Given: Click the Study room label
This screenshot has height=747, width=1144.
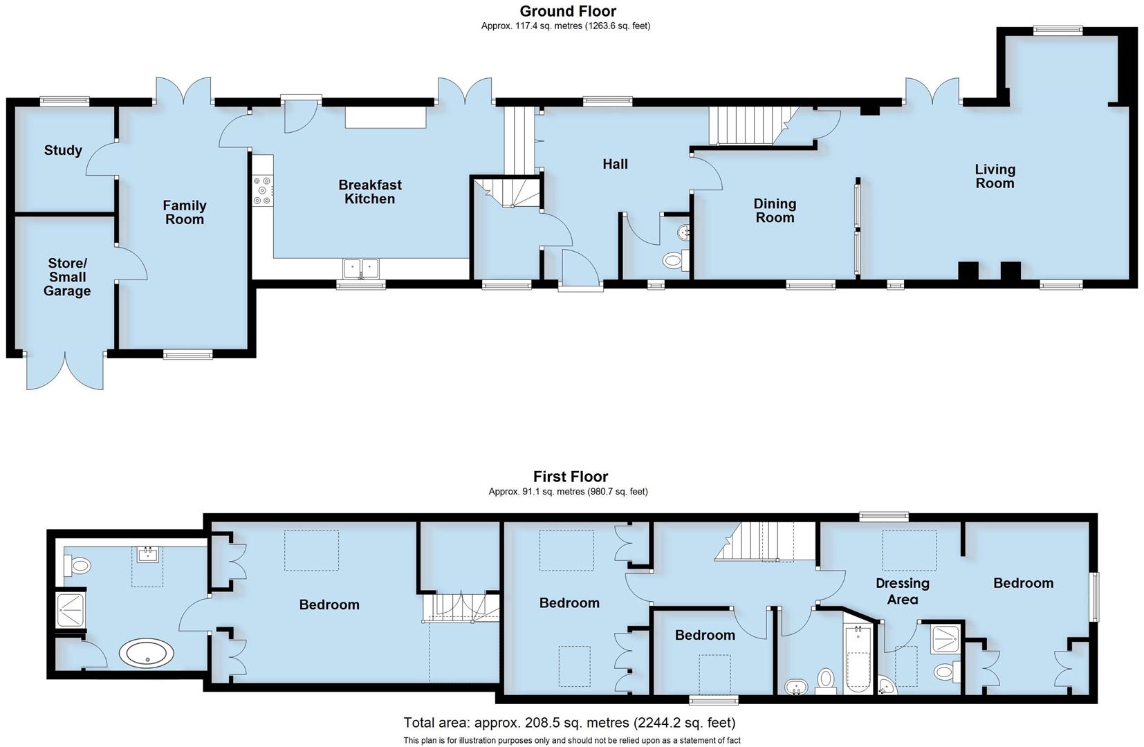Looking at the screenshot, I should pyautogui.click(x=63, y=150).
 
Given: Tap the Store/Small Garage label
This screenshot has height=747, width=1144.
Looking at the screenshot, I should pyautogui.click(x=67, y=277).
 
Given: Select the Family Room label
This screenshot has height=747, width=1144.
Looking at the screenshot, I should pyautogui.click(x=184, y=212).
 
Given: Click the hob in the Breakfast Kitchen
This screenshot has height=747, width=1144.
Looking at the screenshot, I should pyautogui.click(x=263, y=191).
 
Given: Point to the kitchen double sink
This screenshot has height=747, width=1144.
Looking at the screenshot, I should pyautogui.click(x=361, y=268).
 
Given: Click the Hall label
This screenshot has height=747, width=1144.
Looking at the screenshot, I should pyautogui.click(x=615, y=164).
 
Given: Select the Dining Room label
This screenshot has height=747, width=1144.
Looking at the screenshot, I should pyautogui.click(x=775, y=210).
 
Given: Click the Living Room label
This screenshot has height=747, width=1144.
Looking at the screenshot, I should pyautogui.click(x=995, y=176).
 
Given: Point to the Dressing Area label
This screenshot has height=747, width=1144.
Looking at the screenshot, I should pyautogui.click(x=902, y=591).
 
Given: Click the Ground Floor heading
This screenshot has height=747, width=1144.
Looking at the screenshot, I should pyautogui.click(x=568, y=11).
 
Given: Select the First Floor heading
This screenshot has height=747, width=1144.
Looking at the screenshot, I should pyautogui.click(x=570, y=477).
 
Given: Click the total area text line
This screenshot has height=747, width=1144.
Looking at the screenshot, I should pyautogui.click(x=569, y=723).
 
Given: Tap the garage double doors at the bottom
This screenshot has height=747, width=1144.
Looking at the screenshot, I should pyautogui.click(x=65, y=372).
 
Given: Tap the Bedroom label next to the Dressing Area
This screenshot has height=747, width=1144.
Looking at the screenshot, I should pyautogui.click(x=1023, y=583).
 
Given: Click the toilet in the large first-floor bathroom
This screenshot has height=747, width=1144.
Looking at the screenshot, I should pyautogui.click(x=78, y=566).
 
